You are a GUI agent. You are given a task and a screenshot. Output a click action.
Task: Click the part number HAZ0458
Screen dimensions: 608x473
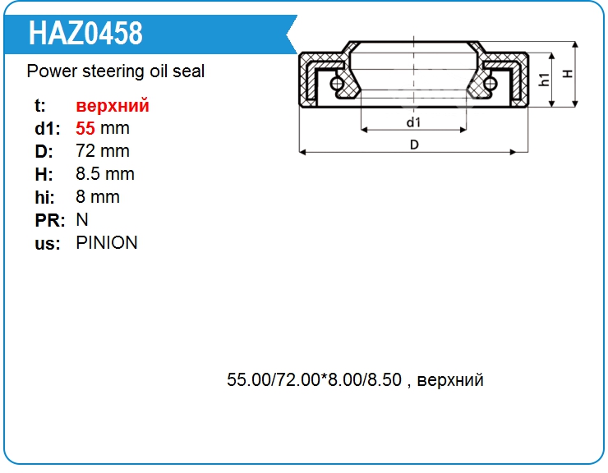coord(85,34)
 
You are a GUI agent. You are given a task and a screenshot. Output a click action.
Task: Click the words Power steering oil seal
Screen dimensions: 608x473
coord(116,71)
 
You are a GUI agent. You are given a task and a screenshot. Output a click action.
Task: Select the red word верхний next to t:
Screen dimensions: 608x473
coord(113,105)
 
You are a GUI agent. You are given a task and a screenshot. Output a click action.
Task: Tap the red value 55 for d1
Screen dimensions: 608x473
coord(85,128)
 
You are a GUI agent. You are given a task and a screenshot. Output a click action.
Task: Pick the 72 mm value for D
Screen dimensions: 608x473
coord(103,151)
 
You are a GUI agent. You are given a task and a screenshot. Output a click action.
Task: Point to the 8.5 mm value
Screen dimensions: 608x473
coord(105,174)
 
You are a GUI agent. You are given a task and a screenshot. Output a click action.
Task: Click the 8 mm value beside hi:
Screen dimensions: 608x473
coord(98,197)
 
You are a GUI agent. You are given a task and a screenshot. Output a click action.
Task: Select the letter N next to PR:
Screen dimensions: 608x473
coord(82,220)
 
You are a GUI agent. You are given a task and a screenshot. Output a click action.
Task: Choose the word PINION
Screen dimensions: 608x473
coord(107,243)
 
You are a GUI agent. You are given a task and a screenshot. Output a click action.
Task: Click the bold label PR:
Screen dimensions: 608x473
coord(49,221)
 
